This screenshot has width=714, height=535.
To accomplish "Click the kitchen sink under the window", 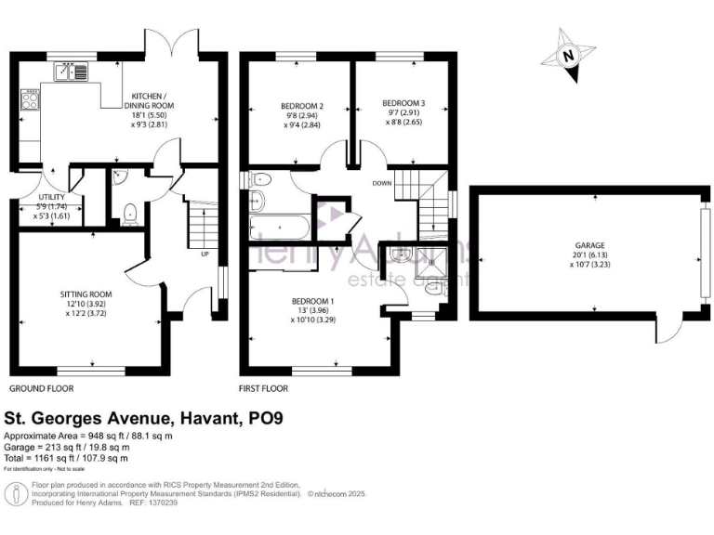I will tap(71, 70).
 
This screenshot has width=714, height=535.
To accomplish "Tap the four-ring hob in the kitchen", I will tap(29, 99).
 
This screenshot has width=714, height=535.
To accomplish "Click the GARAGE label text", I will tap(589, 245).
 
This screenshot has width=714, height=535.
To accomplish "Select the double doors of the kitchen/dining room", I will tap(173, 41).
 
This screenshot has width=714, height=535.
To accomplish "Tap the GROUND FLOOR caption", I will tap(41, 388).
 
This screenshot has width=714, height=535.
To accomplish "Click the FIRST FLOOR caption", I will tap(264, 388).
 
